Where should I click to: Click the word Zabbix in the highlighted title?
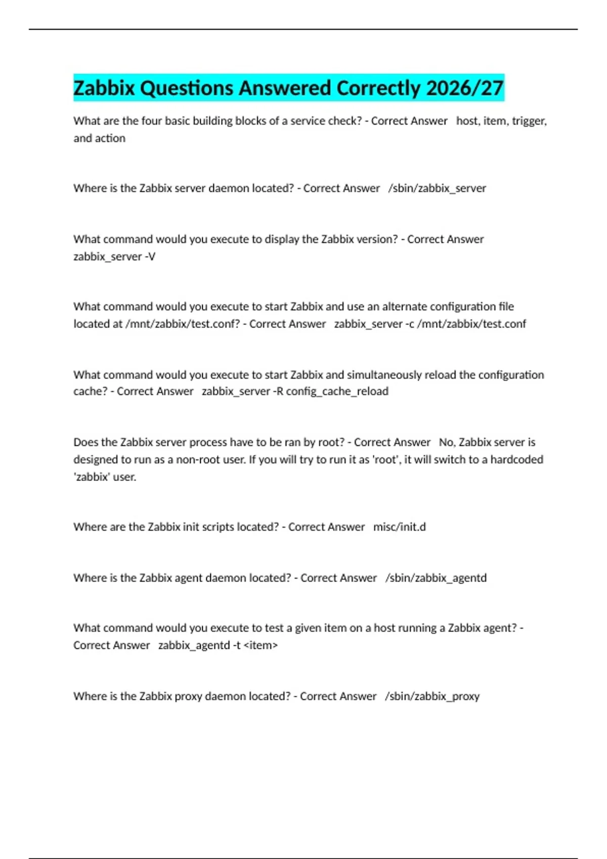tap(104, 88)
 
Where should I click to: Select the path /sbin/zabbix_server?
tap(437, 188)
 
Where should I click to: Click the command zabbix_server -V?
tap(114, 257)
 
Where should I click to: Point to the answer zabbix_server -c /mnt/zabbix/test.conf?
tap(430, 324)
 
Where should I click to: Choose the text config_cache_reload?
tap(337, 392)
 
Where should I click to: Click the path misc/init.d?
tap(400, 527)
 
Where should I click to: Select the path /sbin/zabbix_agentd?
tap(436, 578)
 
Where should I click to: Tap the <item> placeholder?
tap(261, 646)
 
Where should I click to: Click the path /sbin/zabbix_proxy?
tap(432, 696)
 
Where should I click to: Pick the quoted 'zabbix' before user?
tap(92, 477)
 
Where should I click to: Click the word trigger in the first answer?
tap(529, 121)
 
